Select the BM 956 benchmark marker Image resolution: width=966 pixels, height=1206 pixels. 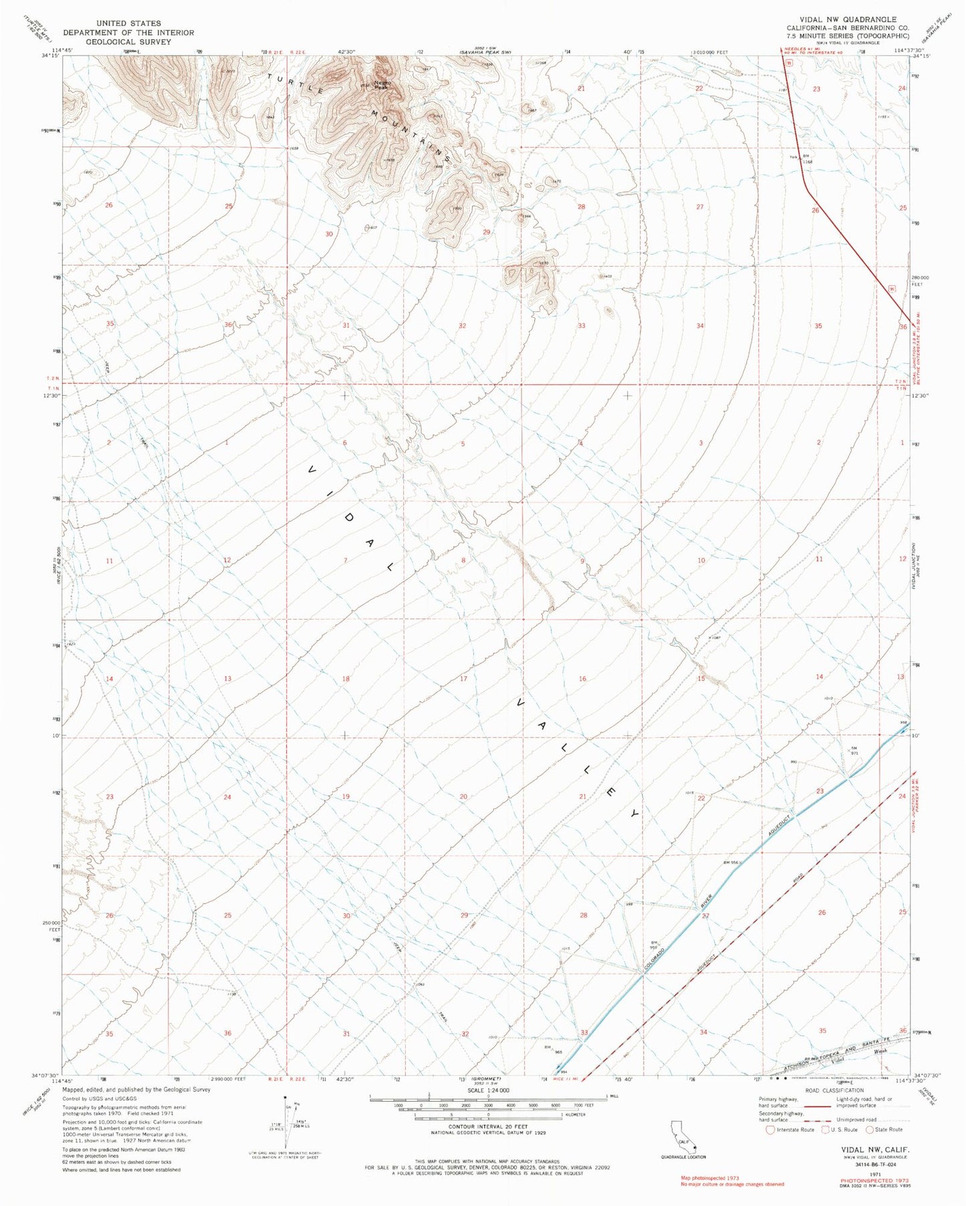pyautogui.click(x=733, y=863)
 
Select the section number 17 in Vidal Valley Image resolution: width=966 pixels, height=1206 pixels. pyautogui.click(x=463, y=679)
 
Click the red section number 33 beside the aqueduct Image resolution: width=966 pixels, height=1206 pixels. pyautogui.click(x=584, y=1032)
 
